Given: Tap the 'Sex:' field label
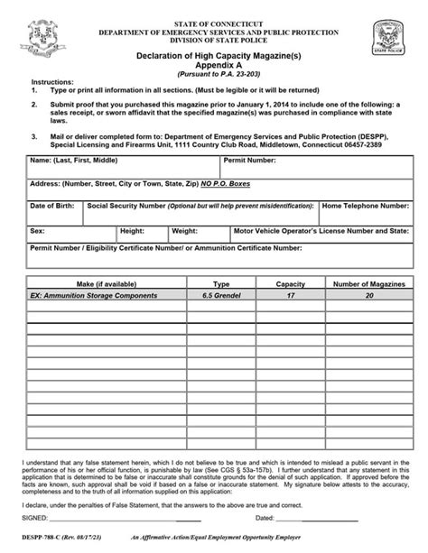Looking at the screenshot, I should pos(37,230).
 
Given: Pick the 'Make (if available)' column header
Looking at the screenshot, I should pos(100,283).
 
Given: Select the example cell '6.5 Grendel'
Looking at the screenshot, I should pos(222,295).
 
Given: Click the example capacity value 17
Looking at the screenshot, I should pos(290,295).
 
